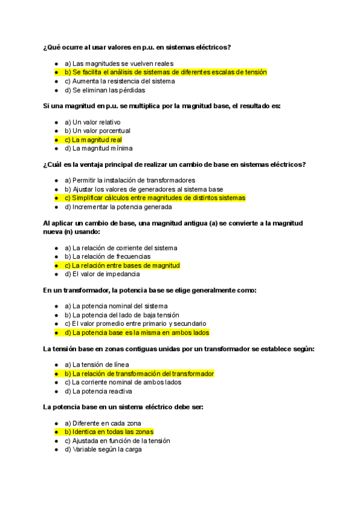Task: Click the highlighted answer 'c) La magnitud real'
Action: pos(93,140)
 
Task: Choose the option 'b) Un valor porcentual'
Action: pos(97,131)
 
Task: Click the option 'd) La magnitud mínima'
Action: pos(98,148)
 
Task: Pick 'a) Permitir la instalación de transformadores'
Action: pos(129,180)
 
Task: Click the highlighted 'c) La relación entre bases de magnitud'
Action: pos(122,265)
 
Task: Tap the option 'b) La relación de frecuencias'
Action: pos(107,256)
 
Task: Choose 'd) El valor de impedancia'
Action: pos(102,274)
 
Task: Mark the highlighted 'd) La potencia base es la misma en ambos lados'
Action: pos(137,332)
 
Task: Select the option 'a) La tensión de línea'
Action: pos(97,364)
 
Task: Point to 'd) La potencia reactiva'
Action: pos(98,391)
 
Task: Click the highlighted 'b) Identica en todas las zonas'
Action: pos(109,432)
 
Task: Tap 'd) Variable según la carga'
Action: pos(103,449)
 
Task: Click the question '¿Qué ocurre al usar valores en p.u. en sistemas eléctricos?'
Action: pos(137,47)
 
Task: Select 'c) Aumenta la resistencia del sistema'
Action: pos(119,81)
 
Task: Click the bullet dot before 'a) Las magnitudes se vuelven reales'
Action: pos(56,64)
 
